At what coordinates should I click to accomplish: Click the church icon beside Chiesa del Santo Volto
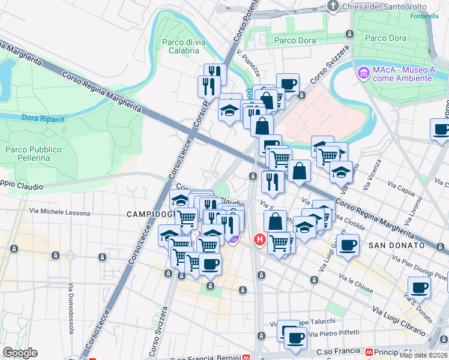[334, 6]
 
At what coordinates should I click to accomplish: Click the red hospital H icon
[259, 239]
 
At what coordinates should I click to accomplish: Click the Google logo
[20, 353]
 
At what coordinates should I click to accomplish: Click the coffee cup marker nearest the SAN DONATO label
[348, 245]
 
